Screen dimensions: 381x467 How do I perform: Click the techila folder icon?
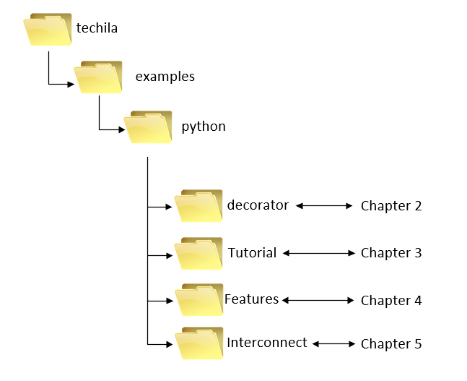pyautogui.click(x=48, y=30)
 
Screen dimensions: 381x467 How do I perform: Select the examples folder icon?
pyautogui.click(x=98, y=77)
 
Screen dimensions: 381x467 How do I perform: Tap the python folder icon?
pyautogui.click(x=148, y=128)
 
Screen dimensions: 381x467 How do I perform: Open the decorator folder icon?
pyautogui.click(x=198, y=206)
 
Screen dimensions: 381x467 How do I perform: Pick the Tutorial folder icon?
pyautogui.click(x=198, y=254)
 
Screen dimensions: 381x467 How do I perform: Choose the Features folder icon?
pyautogui.click(x=198, y=300)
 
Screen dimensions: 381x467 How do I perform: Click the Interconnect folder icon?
pyautogui.click(x=198, y=343)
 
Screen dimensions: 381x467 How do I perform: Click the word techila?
pyautogui.click(x=97, y=29)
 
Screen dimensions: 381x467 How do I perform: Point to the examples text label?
pyautogui.click(x=165, y=76)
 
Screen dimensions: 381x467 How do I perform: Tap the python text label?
pyautogui.click(x=204, y=127)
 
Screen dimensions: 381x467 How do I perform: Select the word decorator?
pyautogui.click(x=258, y=205)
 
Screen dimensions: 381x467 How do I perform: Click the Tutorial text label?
pyautogui.click(x=253, y=253)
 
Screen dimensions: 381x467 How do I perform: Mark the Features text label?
pyautogui.click(x=252, y=299)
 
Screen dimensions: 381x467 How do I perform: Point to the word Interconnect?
pyautogui.click(x=267, y=343)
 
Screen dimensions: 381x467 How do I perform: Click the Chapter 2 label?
pyautogui.click(x=391, y=206)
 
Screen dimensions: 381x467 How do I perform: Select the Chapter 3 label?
pyautogui.click(x=391, y=253)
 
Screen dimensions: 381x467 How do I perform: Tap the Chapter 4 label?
pyautogui.click(x=391, y=300)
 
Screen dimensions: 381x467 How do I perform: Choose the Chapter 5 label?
pyautogui.click(x=391, y=344)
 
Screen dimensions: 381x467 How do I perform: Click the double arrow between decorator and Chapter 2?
pyautogui.click(x=323, y=206)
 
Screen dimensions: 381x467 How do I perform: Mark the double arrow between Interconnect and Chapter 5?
pyautogui.click(x=334, y=344)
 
